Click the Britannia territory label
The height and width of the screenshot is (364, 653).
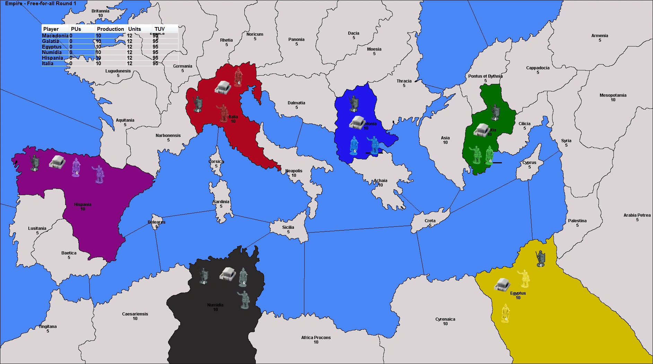100,11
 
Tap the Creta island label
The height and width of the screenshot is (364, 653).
430,221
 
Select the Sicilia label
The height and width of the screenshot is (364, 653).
288,227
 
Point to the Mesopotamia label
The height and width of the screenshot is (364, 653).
613,95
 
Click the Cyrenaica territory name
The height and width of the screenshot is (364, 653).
445,319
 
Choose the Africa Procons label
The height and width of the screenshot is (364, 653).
316,338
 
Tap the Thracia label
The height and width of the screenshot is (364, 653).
404,81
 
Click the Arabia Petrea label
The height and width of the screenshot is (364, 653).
637,215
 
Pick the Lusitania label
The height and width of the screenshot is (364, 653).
37,228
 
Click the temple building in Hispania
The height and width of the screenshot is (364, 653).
57,162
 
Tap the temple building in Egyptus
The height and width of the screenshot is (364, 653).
502,284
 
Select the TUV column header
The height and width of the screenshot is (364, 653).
159,29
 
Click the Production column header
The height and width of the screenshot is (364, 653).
110,29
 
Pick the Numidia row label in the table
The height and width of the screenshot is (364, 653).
52,52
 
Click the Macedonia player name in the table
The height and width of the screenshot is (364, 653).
55,36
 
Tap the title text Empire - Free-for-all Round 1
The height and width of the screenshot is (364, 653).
41,3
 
